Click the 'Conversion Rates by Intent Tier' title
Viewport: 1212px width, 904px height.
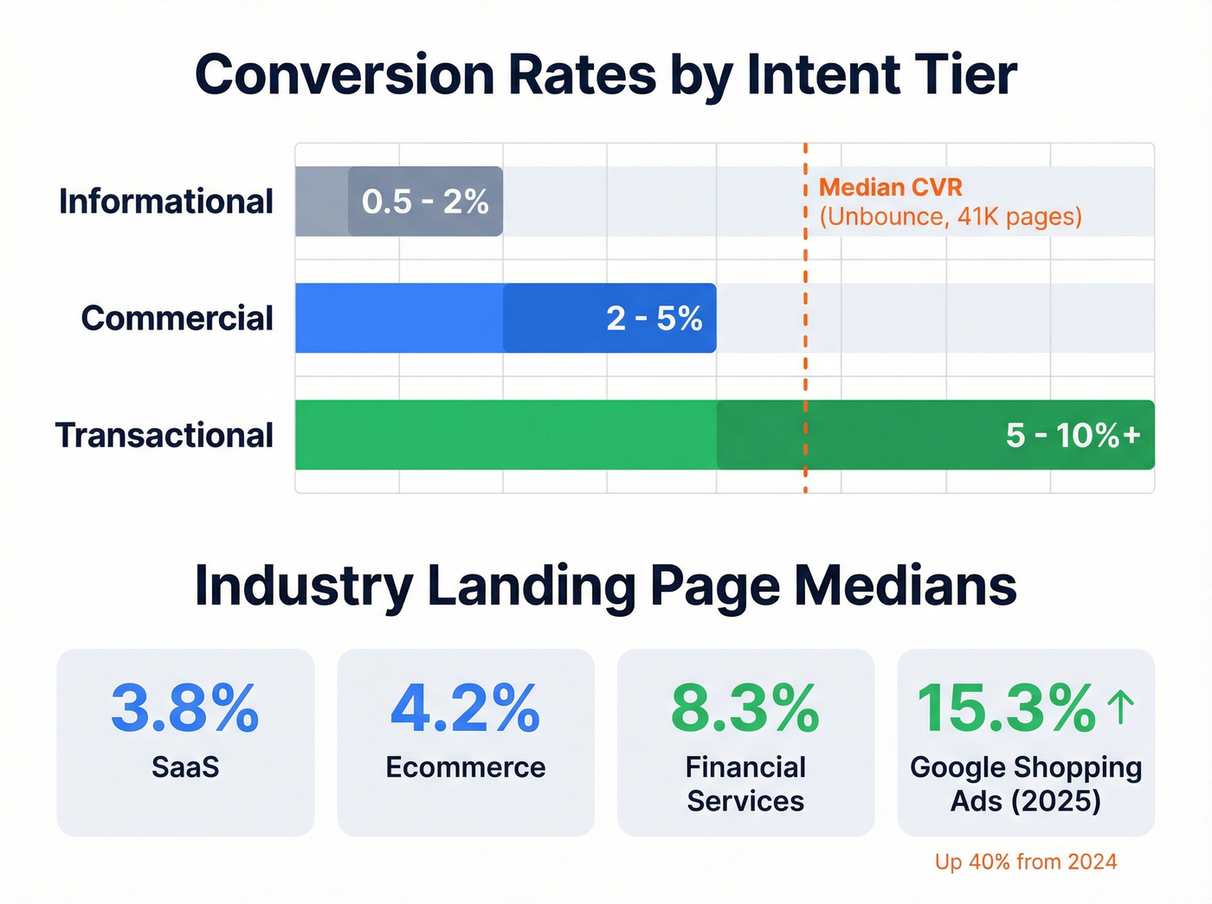pyautogui.click(x=605, y=75)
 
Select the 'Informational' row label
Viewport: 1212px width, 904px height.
pyautogui.click(x=165, y=202)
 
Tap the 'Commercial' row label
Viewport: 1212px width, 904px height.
pyautogui.click(x=177, y=318)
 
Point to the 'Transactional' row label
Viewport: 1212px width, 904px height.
pyautogui.click(x=164, y=435)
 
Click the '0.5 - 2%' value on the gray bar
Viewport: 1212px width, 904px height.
pyautogui.click(x=425, y=202)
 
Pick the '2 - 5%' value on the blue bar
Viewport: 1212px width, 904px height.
pyautogui.click(x=654, y=318)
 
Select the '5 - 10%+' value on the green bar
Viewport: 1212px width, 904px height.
pyautogui.click(x=1073, y=435)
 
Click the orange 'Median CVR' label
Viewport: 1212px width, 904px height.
pyautogui.click(x=890, y=187)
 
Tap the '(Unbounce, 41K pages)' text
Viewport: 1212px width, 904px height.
pyautogui.click(x=950, y=216)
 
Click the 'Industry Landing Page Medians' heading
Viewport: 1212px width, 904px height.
pyautogui.click(x=605, y=587)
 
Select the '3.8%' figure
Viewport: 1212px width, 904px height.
pyautogui.click(x=184, y=708)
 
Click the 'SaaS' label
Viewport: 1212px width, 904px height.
pyautogui.click(x=185, y=767)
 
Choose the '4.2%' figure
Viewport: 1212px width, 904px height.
pyautogui.click(x=465, y=708)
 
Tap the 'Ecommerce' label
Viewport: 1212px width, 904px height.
pyautogui.click(x=465, y=767)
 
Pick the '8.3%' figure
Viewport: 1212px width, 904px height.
pyautogui.click(x=745, y=708)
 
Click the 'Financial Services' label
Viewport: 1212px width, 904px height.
pyautogui.click(x=745, y=784)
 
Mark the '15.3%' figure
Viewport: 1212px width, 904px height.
pyautogui.click(x=1006, y=708)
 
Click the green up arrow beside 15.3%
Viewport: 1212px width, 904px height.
pyautogui.click(x=1121, y=707)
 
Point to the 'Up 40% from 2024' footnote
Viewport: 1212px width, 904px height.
pyautogui.click(x=1026, y=862)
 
